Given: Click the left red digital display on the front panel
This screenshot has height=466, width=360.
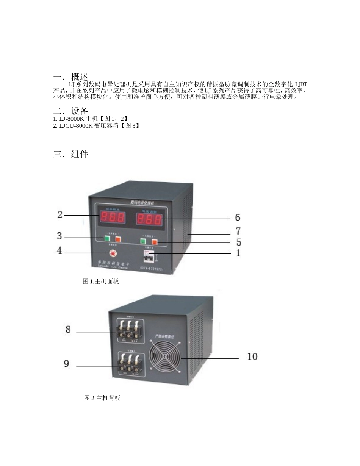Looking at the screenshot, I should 112,217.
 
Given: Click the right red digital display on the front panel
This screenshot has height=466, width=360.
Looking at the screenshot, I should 149,219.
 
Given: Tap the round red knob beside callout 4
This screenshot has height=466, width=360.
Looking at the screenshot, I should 112,252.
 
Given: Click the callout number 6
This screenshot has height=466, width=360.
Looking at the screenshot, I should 238,217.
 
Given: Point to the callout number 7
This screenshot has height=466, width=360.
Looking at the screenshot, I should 238,231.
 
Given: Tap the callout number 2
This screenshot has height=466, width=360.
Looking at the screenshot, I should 60,215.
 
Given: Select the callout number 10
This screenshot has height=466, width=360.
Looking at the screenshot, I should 252,357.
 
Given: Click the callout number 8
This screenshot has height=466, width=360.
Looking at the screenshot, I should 68,330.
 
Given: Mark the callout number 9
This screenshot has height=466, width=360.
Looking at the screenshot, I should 67,364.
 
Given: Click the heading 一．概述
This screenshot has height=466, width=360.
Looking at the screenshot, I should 71,77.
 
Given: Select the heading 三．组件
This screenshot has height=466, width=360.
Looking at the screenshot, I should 71,154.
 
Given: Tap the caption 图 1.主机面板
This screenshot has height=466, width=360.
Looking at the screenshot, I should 101,281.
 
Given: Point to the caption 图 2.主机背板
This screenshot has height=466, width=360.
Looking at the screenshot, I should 102,398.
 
